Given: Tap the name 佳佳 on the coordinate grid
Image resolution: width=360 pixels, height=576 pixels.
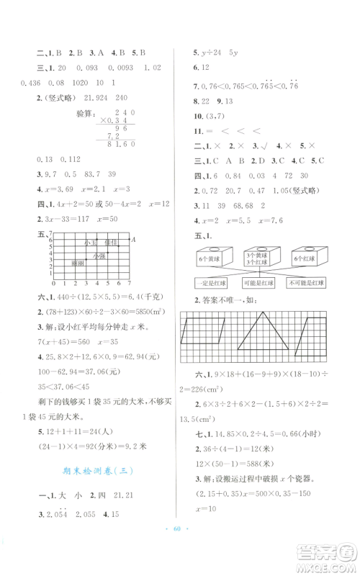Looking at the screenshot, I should pos(110,243).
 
